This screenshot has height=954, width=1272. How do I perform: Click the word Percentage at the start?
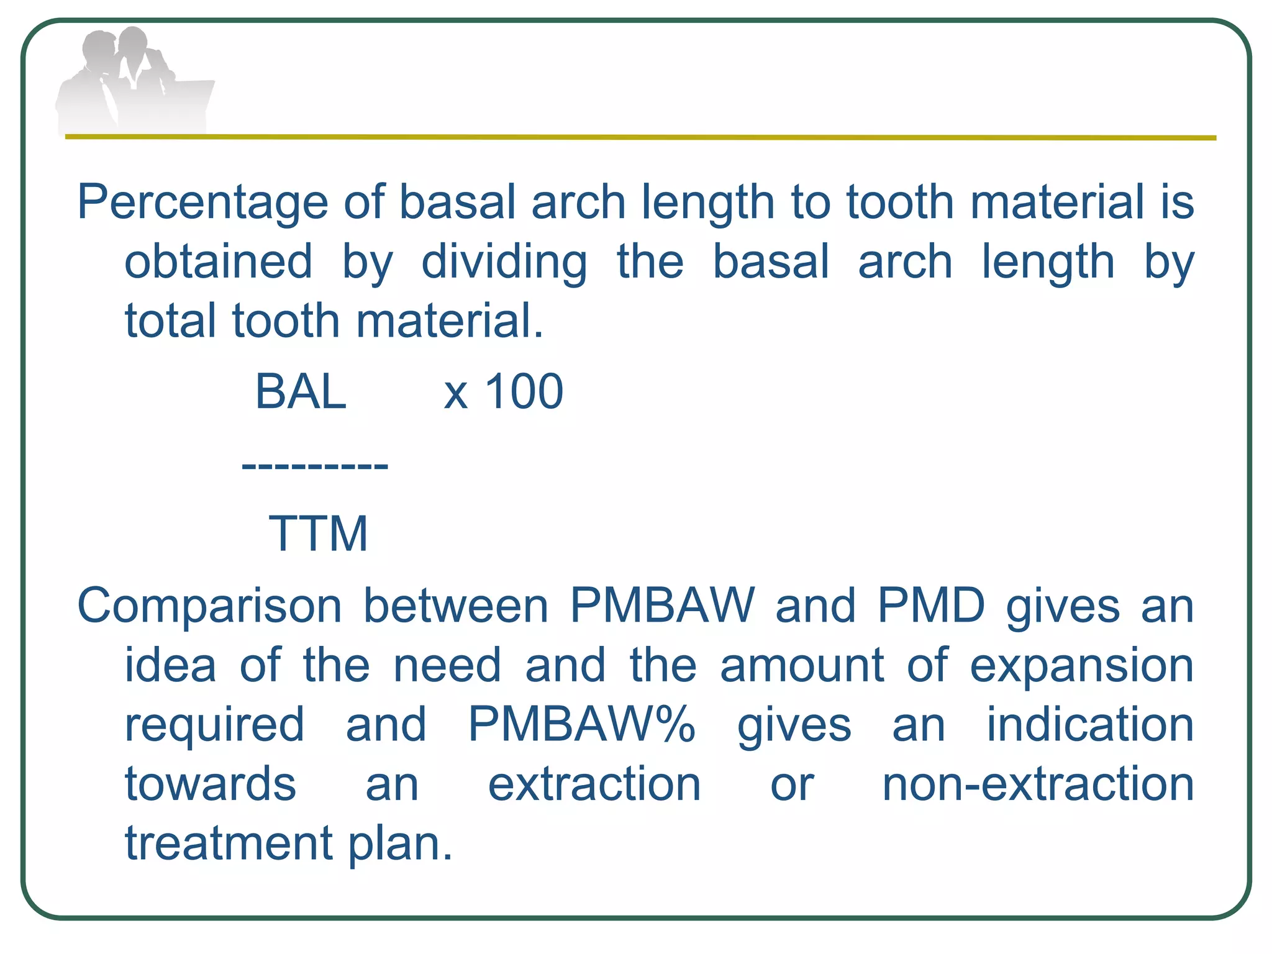(x=202, y=204)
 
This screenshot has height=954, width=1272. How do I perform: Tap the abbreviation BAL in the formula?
(x=301, y=392)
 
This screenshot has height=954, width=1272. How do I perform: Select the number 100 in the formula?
(x=523, y=392)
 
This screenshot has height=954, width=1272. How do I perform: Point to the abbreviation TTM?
(x=318, y=534)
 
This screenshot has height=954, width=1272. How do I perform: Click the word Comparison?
(x=209, y=606)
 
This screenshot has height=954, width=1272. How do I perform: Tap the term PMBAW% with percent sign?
(x=581, y=724)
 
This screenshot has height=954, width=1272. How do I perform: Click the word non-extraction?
(x=1038, y=784)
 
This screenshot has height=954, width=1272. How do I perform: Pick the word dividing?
(x=504, y=263)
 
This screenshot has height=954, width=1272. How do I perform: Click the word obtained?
(x=219, y=261)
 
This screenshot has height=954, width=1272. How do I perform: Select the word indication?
(x=1090, y=725)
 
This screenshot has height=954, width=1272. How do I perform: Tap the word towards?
(x=211, y=784)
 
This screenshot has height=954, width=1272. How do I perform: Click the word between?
(x=456, y=606)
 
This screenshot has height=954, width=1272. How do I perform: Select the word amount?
(x=801, y=666)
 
